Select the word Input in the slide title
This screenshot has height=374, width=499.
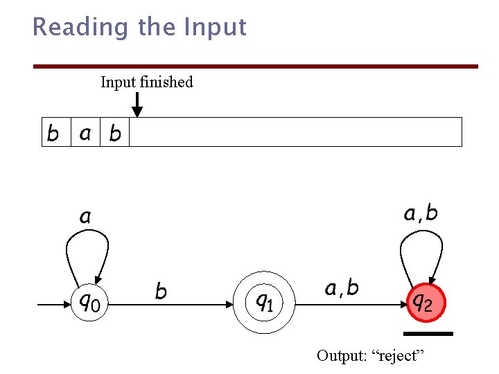tap(215, 28)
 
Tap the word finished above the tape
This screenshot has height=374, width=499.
tap(166, 82)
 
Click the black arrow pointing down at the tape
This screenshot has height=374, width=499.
tap(137, 105)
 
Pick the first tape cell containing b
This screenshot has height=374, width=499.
tap(54, 132)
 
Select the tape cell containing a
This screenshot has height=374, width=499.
tap(85, 132)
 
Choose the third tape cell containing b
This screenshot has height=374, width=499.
tap(115, 132)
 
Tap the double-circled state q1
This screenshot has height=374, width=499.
tap(264, 303)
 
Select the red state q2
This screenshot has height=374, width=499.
tap(424, 303)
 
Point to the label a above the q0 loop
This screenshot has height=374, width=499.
tap(85, 217)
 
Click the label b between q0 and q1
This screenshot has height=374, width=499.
tap(161, 291)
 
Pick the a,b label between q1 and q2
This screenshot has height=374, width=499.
tap(342, 287)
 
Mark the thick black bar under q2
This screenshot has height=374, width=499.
tap(429, 334)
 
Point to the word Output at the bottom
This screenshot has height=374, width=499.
tap(341, 356)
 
